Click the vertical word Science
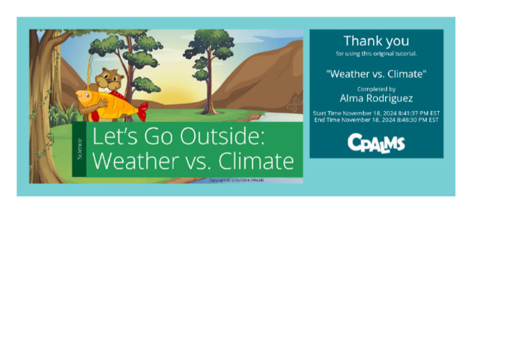coord(80,149)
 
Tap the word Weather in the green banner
coord(135,160)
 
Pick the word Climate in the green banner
coord(256,160)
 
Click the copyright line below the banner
coord(236,180)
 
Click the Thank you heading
coord(376,41)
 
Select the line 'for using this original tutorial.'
coord(376,54)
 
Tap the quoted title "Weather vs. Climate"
coord(376,74)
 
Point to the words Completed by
coord(376,89)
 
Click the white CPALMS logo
coord(376,143)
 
